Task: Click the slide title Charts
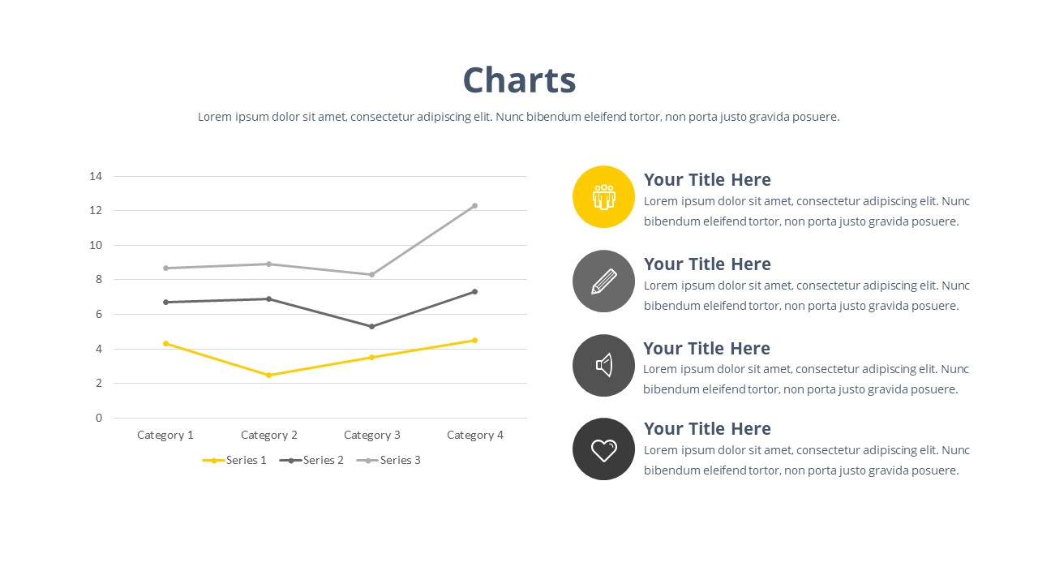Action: (x=519, y=80)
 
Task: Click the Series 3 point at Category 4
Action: (x=474, y=205)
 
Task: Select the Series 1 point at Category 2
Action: (x=268, y=375)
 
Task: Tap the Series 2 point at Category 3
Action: (x=371, y=326)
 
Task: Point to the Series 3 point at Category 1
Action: (x=165, y=268)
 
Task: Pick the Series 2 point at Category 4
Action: (x=474, y=291)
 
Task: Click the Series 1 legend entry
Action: (x=234, y=460)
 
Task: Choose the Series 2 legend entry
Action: (x=311, y=460)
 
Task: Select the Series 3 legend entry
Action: (x=388, y=460)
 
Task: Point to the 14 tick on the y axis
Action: (x=96, y=176)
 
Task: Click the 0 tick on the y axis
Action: (x=99, y=418)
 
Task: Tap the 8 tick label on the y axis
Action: (x=99, y=279)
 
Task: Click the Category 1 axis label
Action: (x=165, y=435)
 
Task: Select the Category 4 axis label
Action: (x=475, y=435)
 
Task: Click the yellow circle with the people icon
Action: (x=603, y=196)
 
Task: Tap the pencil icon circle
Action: (x=603, y=281)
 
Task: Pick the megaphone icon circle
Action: (x=603, y=365)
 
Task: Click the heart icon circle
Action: (x=603, y=449)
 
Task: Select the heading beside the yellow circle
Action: (x=707, y=180)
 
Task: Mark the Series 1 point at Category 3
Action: (x=371, y=357)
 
